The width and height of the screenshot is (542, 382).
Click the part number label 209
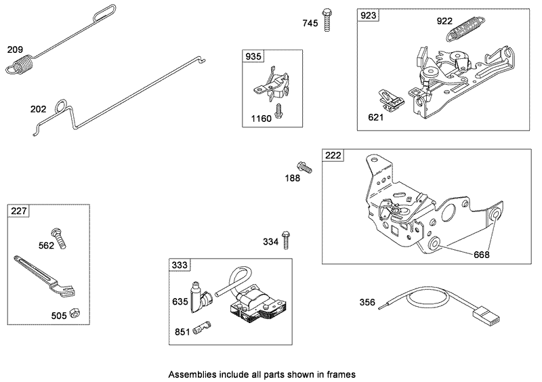click(15, 49)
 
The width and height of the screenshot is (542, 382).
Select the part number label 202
click(37, 108)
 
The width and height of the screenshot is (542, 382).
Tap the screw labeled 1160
click(278, 111)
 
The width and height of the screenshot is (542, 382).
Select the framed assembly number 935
click(252, 56)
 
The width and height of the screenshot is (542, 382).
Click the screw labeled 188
click(303, 166)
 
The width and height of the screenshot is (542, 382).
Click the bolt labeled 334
click(287, 238)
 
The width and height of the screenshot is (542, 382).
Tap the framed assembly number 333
click(179, 265)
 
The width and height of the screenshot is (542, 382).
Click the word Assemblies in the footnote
click(191, 374)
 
